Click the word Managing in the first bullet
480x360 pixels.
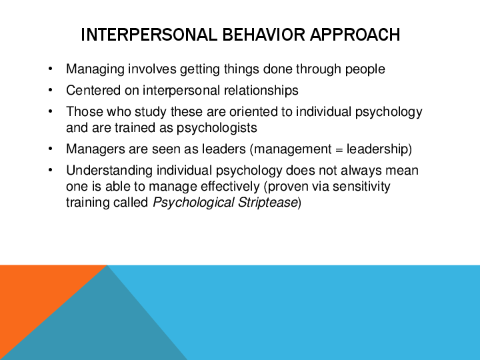[x=91, y=69]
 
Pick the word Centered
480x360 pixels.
[x=90, y=90]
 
